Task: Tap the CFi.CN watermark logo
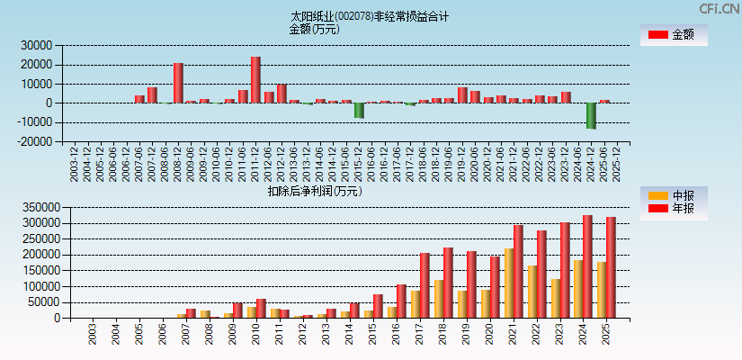[x=720, y=8]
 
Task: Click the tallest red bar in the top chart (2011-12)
[x=255, y=80]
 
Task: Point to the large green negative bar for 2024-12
[x=591, y=115]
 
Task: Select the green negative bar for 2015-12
[x=359, y=110]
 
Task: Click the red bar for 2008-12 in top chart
[x=178, y=83]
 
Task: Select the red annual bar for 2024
[x=587, y=266]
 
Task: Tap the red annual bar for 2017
[x=425, y=285]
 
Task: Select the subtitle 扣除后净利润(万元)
[x=315, y=191]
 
